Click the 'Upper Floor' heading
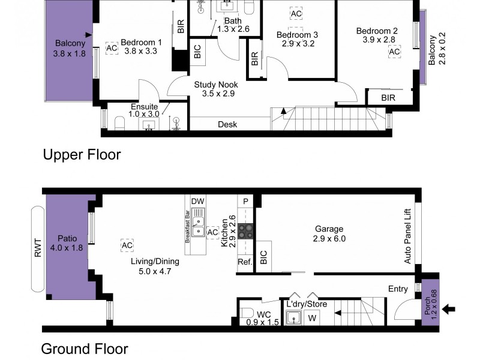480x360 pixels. pos(82,155)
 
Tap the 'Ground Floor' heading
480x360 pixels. pos(84,349)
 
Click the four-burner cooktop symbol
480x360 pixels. pos(246,231)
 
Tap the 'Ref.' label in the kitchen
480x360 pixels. pos(244,262)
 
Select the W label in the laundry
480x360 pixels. pos(311,318)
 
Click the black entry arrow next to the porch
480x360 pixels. pos(448,310)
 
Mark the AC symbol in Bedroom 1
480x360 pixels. pos(112,48)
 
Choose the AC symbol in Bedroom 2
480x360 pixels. pos(394,52)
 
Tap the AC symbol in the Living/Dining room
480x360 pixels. pos(127,246)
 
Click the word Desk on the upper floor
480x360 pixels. pos(227,125)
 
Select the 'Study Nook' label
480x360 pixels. pos(214,85)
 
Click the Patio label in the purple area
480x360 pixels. pos(68,237)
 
